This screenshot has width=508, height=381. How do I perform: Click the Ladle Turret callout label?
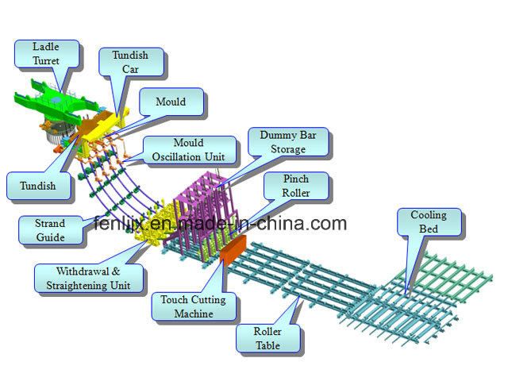(46, 54)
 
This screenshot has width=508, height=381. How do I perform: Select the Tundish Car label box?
(130, 62)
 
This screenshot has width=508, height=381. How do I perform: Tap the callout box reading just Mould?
(171, 102)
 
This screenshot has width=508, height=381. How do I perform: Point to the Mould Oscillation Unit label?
(189, 150)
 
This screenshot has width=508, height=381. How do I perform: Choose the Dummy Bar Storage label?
(288, 142)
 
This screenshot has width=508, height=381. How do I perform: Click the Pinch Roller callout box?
(296, 186)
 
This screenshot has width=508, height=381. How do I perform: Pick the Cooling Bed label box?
(429, 222)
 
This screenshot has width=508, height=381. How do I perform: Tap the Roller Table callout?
(267, 338)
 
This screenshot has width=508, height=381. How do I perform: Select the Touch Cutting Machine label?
(194, 306)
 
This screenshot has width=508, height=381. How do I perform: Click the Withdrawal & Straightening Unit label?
(88, 279)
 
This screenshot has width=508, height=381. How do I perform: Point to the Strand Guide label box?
(50, 230)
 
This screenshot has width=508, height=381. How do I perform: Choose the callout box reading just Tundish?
(38, 186)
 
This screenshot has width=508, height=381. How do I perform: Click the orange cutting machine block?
(233, 250)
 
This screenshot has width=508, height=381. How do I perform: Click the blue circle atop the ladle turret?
(56, 100)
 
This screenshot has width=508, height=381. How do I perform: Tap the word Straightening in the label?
(76, 286)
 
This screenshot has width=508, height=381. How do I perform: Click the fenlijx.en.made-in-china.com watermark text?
(221, 223)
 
